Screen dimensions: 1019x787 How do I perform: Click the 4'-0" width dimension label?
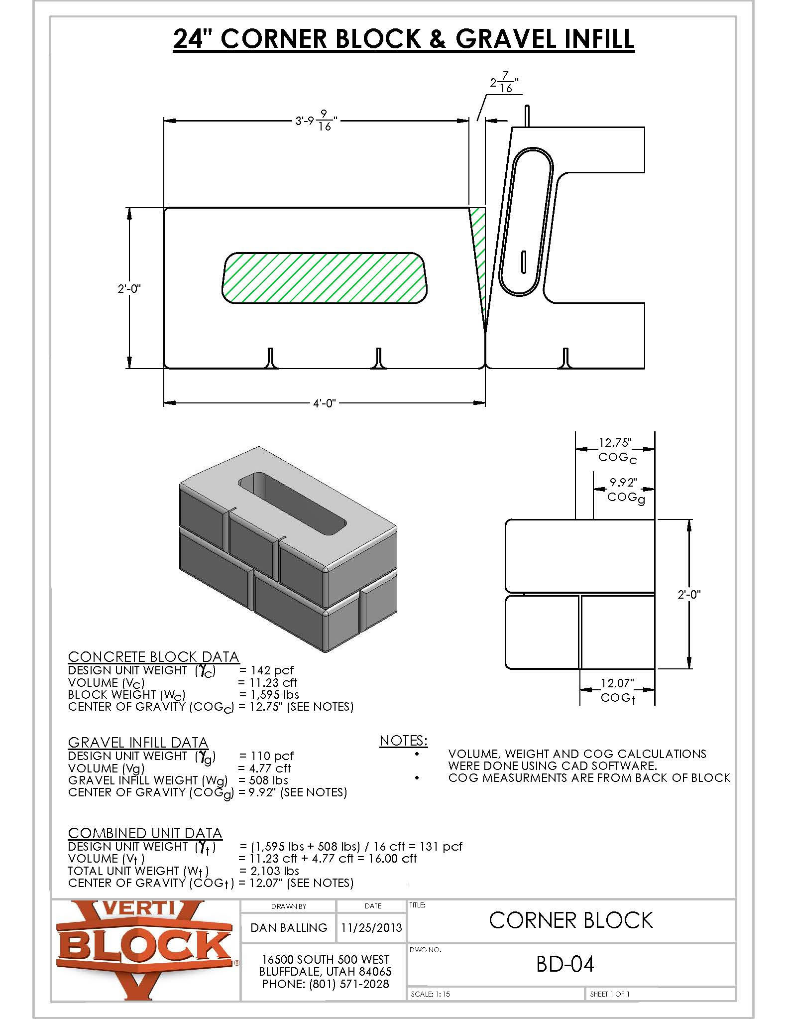pos(325,402)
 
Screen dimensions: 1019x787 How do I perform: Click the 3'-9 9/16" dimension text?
pos(316,121)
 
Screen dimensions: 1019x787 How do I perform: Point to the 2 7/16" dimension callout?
pos(503,84)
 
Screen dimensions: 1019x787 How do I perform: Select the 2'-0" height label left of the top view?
pos(129,288)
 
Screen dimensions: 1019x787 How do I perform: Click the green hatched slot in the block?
pos(324,277)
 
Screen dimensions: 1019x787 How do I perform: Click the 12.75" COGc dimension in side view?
pos(616,449)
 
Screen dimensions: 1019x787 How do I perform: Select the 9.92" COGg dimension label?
pos(624,489)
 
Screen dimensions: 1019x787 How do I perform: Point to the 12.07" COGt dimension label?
pos(617,690)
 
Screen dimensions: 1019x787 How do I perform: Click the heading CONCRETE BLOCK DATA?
pos(153,656)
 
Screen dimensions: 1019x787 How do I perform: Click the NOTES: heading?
pos(403,741)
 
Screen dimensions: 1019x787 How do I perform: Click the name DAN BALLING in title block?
pos(289,927)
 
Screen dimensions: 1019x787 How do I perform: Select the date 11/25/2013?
pos(371,928)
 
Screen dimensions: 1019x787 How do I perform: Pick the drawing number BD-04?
pos(565,964)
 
